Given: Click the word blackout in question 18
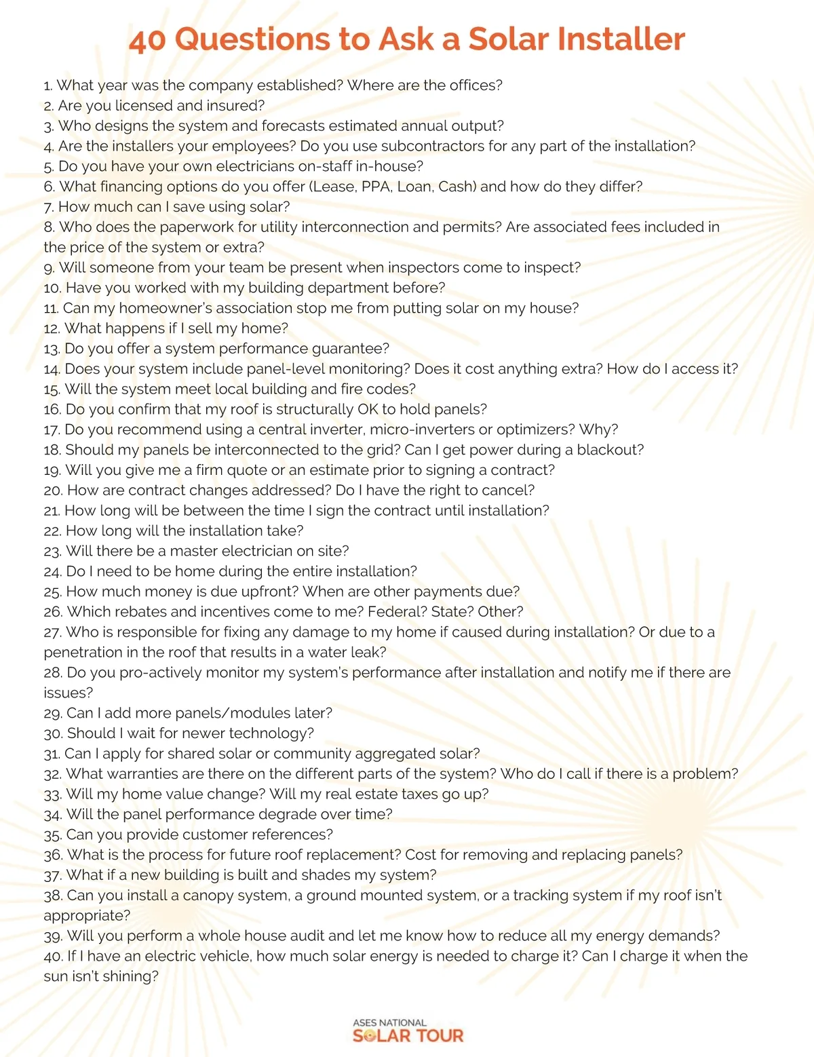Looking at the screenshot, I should point(608,450).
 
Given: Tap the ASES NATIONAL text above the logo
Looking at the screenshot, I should point(389,1022).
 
